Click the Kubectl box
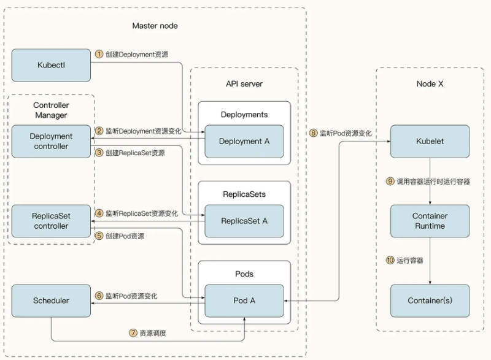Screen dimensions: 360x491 [x=51, y=64]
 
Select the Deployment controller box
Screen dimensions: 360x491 [x=51, y=142]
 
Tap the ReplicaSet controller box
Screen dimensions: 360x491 [x=51, y=221]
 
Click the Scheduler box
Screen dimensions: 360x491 [x=51, y=301]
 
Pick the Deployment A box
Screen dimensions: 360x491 [x=244, y=141]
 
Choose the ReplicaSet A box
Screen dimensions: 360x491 [x=244, y=221]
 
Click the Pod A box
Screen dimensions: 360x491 [x=244, y=301]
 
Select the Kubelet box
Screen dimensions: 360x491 [x=430, y=141]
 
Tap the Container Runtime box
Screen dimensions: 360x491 [x=430, y=221]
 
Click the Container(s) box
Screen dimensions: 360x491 [x=430, y=301]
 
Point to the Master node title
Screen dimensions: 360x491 [x=155, y=26]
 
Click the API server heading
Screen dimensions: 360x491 [x=244, y=83]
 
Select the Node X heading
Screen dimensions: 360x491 [x=430, y=83]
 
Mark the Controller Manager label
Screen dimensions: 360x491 [x=51, y=110]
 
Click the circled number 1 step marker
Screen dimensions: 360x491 [x=99, y=54]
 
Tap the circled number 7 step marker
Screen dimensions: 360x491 [x=133, y=334]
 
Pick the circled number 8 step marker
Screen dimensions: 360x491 [x=313, y=132]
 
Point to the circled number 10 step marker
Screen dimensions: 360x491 [x=390, y=261]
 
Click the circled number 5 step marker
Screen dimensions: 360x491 [x=99, y=236]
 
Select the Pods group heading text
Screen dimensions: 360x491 [x=244, y=274]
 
